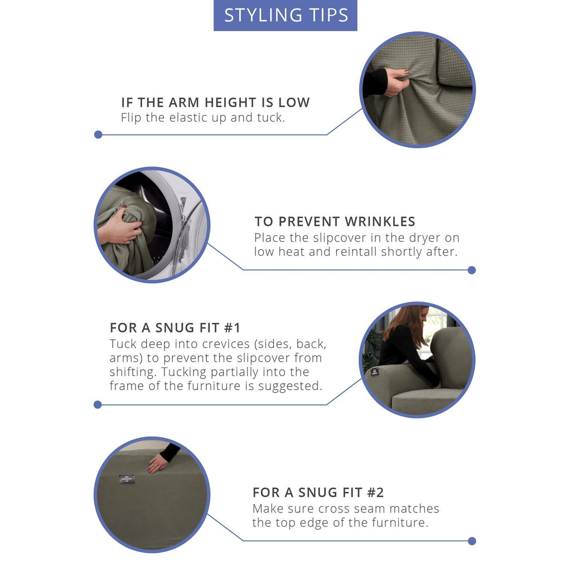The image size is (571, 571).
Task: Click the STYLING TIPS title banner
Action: click(285, 15)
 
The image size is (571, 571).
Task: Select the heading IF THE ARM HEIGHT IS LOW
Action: click(216, 103)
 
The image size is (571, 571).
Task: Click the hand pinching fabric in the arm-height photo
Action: click(396, 82)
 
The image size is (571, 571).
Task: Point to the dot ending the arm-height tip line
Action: click(98, 135)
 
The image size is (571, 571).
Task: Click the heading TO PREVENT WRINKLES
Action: click(335, 221)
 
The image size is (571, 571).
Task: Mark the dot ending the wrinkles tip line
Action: click(472, 270)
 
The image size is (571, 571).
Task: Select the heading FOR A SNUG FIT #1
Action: click(175, 328)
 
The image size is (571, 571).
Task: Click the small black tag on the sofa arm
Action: click(374, 372)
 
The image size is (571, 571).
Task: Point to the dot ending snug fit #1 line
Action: click(98, 405)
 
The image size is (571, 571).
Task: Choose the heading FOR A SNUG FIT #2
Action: click(318, 492)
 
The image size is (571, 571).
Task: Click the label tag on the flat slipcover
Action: click(127, 479)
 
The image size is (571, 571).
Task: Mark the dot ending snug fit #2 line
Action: click(472, 541)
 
